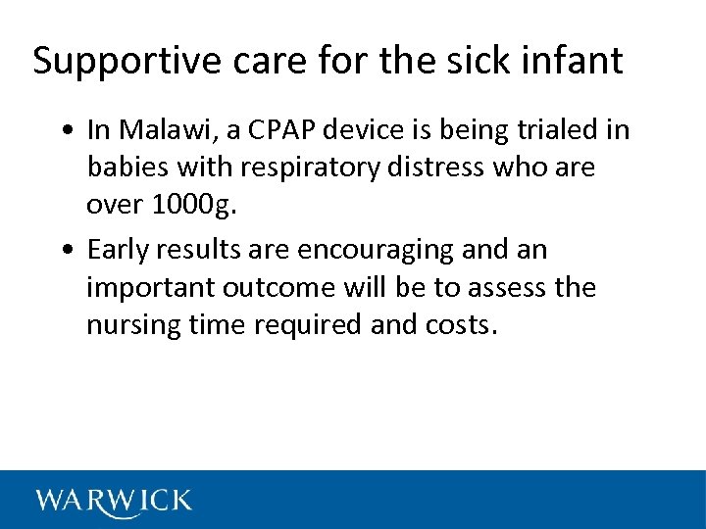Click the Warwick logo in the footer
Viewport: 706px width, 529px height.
[114, 501]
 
